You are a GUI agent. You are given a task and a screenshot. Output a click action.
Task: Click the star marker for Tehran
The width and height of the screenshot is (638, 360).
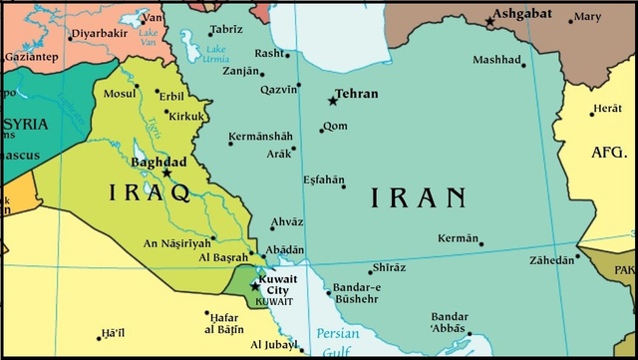pos(333,100)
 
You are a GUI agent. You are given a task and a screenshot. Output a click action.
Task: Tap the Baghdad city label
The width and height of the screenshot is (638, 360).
pos(159,161)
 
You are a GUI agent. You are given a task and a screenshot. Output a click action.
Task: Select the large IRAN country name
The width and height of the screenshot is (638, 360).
pos(419,197)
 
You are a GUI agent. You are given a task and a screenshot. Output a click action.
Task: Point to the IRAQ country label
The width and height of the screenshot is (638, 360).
pos(150,190)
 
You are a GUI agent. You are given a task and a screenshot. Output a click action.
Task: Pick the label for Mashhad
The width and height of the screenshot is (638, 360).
pos(497,61)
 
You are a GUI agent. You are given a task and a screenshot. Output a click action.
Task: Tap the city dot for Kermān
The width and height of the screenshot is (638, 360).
pos(480,243)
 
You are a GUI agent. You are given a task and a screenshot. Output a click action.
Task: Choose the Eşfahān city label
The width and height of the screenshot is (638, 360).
pos(320,180)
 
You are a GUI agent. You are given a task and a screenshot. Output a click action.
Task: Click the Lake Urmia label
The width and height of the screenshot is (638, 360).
pos(217,53)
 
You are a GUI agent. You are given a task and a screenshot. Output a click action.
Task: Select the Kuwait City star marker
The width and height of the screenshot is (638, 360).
pos(254,286)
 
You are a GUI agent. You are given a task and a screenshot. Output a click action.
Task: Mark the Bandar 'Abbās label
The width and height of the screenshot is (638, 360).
pos(450,321)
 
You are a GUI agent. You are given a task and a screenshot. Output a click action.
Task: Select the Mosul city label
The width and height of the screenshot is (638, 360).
pos(121,93)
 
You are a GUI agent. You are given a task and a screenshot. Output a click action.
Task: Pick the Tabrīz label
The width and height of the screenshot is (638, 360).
pos(227,29)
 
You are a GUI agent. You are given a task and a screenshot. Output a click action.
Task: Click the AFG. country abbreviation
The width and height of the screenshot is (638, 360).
pos(608,153)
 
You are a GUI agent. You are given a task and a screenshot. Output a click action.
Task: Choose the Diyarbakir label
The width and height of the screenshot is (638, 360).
pos(100,32)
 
